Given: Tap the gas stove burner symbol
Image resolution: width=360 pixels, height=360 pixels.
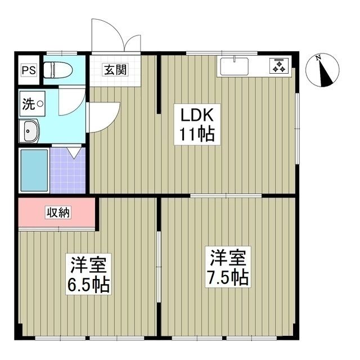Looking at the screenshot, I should click(x=280, y=65).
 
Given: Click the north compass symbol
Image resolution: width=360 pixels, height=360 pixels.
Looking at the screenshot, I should click(x=322, y=71).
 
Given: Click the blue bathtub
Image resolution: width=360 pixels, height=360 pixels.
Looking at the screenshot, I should click(x=34, y=170).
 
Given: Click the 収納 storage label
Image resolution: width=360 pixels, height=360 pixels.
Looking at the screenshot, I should click(x=58, y=213).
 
